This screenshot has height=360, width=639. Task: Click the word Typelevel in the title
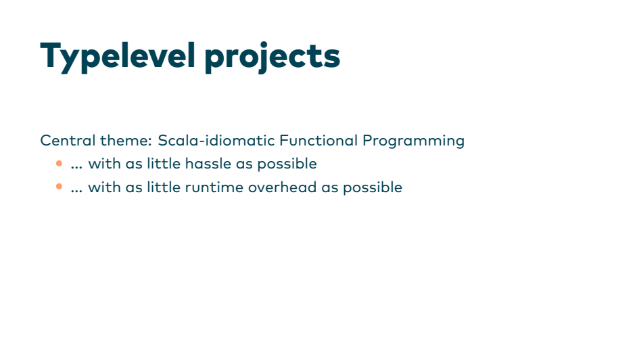pos(118,57)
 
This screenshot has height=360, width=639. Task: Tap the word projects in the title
pos(273,58)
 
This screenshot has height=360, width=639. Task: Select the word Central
pos(68,141)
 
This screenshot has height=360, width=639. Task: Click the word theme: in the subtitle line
pos(126,141)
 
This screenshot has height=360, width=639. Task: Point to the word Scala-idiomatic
pos(216,141)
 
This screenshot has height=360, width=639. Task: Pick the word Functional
pos(318,141)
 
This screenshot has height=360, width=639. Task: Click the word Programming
pos(413,141)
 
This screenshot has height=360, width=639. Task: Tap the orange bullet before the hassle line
pos(59,164)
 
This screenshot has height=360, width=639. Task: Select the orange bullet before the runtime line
pos(59,187)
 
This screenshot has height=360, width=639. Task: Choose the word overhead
pos(283,187)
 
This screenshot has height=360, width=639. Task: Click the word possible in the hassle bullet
pos(287,164)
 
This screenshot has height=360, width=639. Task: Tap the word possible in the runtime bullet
pos(373,188)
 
